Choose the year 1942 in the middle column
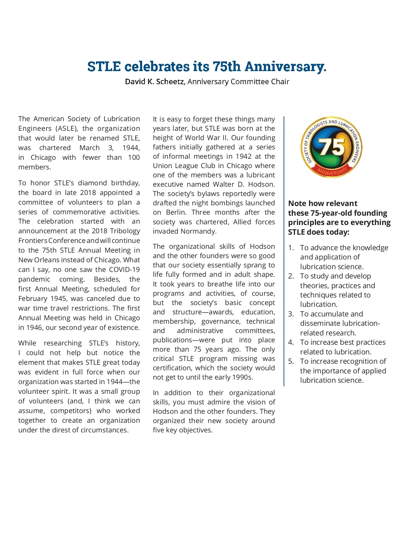point(243,156)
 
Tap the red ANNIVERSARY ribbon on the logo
point(332,171)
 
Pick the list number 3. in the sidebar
point(291,314)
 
